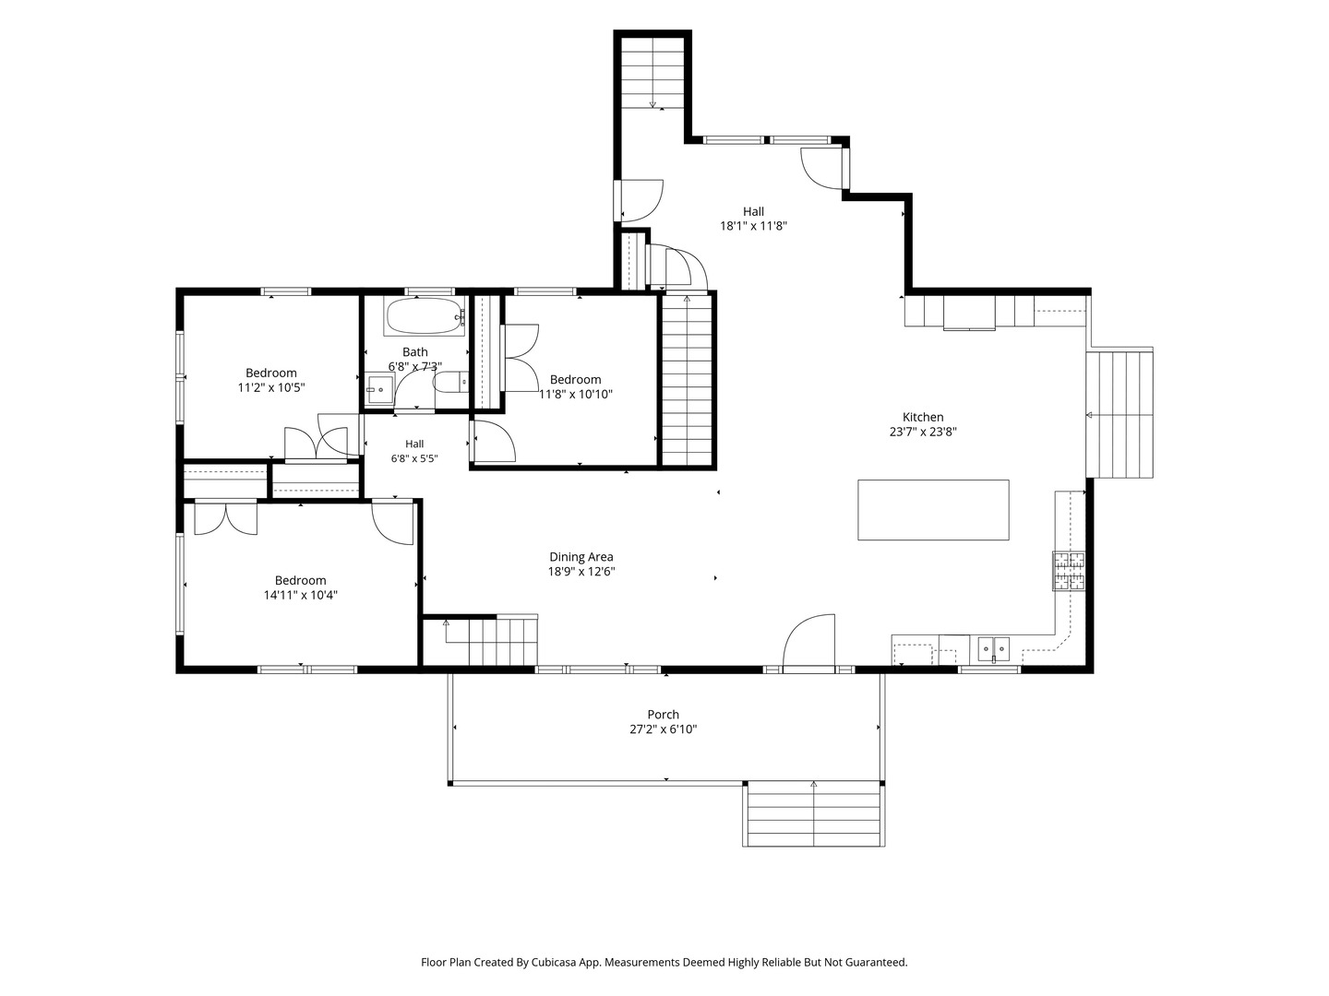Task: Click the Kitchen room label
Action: coord(922,417)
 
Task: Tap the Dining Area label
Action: coord(581,557)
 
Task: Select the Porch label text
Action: coord(663,714)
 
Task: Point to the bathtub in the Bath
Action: coord(425,316)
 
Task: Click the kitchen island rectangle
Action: coord(933,510)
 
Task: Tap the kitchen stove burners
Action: coord(1069,570)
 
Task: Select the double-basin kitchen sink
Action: coord(993,650)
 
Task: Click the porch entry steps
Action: coord(813,813)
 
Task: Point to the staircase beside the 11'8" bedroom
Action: coord(687,379)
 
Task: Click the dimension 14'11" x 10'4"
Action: coord(300,595)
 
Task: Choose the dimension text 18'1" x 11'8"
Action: coord(752,226)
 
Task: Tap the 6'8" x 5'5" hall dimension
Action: coord(414,458)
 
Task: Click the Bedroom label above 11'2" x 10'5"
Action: coord(270,373)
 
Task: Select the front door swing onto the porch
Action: coord(808,642)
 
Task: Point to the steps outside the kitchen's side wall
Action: coord(1119,413)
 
